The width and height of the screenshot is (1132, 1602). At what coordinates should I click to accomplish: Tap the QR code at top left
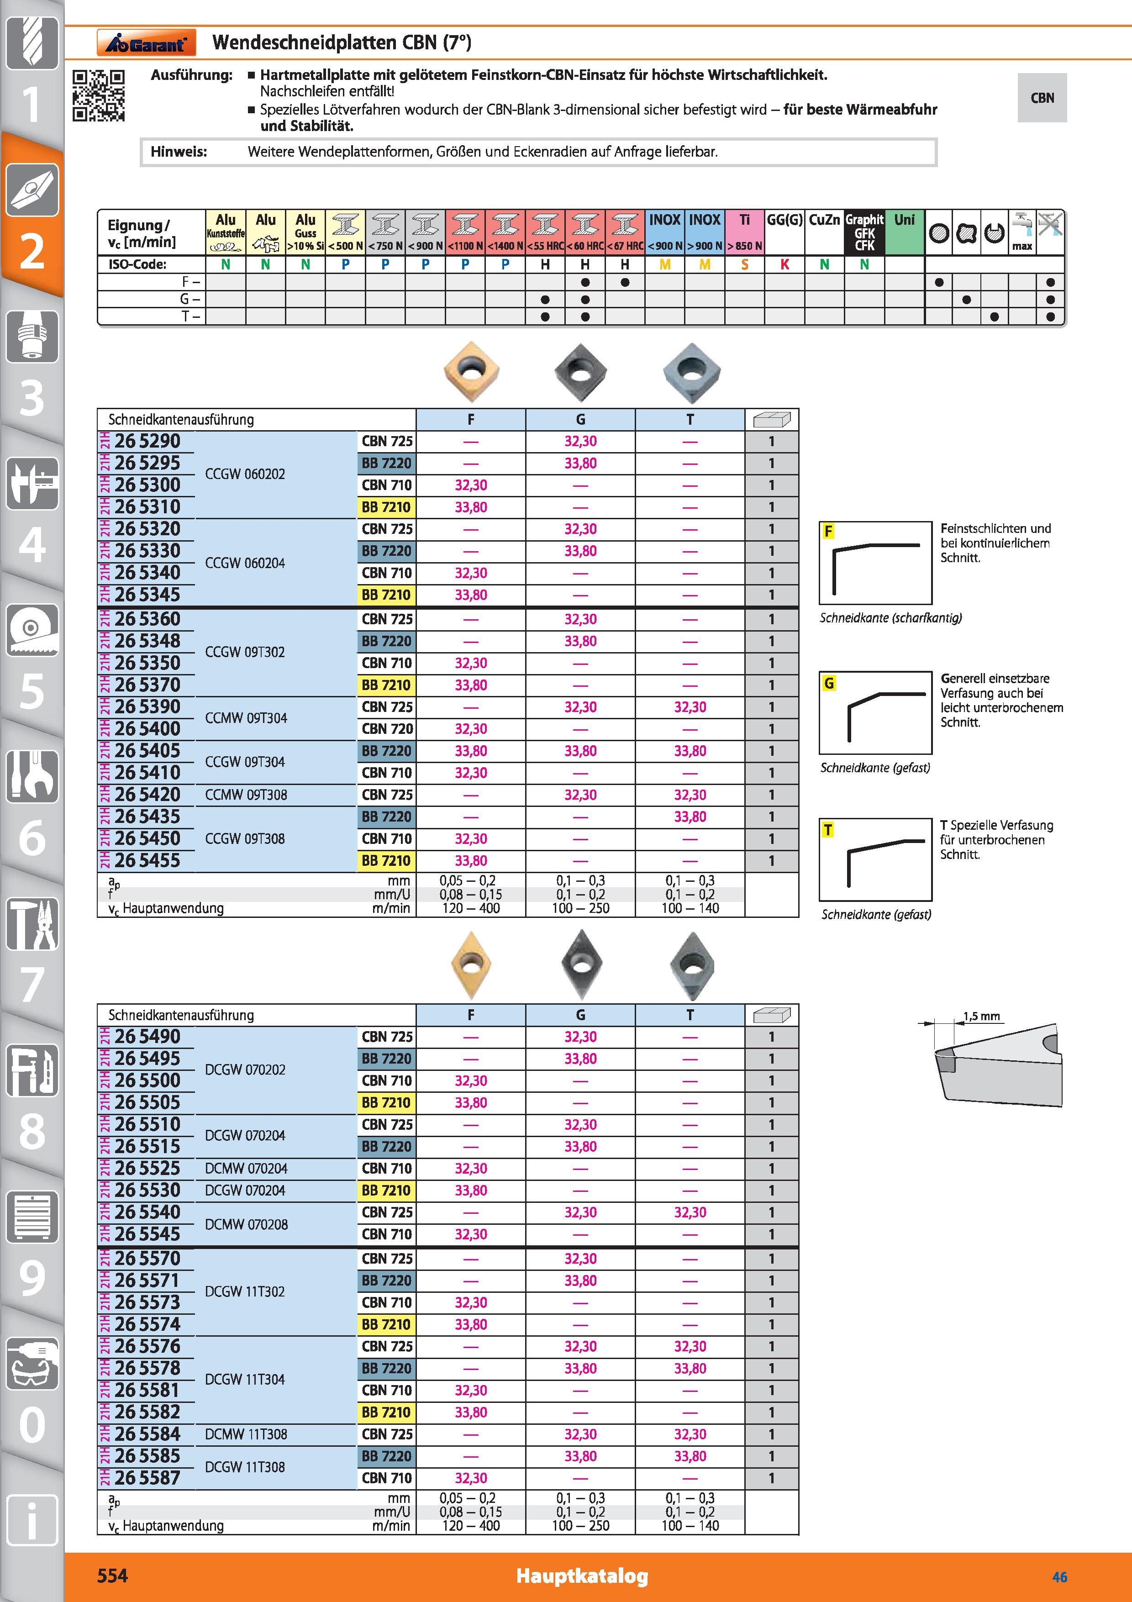click(x=99, y=95)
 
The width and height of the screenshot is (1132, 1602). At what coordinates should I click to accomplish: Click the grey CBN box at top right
click(x=1042, y=98)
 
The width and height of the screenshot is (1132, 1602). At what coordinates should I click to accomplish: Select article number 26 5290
click(x=147, y=442)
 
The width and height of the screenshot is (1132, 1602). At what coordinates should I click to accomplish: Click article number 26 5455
click(x=147, y=860)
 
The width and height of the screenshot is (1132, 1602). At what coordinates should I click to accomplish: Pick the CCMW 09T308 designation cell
click(x=246, y=795)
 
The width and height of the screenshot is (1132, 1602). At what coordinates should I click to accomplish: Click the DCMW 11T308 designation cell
click(x=246, y=1434)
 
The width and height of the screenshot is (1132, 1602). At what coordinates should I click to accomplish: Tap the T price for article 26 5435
click(x=690, y=817)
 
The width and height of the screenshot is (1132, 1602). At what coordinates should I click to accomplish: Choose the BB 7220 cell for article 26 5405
click(x=386, y=751)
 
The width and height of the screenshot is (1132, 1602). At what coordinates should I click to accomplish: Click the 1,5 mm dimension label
click(x=981, y=1016)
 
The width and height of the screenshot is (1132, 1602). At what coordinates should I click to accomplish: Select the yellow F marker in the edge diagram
click(x=829, y=531)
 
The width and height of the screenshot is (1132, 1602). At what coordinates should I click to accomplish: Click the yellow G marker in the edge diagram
click(x=829, y=683)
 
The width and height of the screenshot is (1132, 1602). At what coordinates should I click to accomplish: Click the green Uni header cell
click(x=905, y=232)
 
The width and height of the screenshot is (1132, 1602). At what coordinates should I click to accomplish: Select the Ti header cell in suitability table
click(x=745, y=232)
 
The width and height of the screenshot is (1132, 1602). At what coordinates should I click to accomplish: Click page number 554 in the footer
click(x=112, y=1576)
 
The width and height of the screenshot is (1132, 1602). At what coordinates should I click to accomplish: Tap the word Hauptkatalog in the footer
click(x=582, y=1576)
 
